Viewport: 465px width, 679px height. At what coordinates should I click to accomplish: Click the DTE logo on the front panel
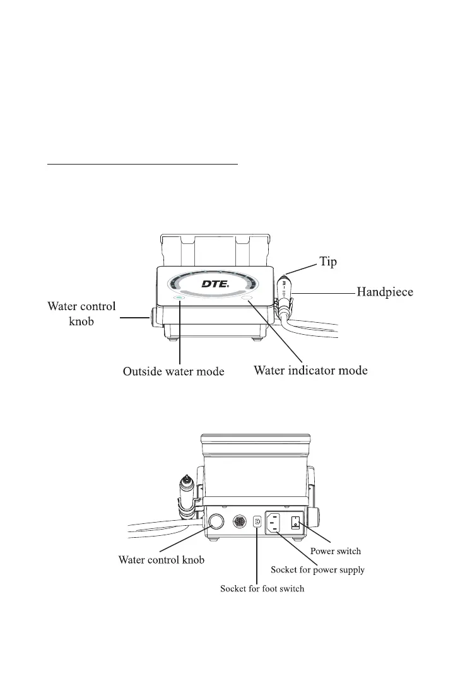pyautogui.click(x=215, y=284)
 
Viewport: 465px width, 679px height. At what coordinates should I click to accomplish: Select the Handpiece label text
pyautogui.click(x=386, y=292)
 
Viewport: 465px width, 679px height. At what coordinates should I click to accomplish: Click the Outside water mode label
pyautogui.click(x=174, y=372)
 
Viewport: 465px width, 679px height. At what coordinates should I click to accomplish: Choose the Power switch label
pyautogui.click(x=335, y=551)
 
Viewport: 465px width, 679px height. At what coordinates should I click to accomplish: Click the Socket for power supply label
pyautogui.click(x=317, y=570)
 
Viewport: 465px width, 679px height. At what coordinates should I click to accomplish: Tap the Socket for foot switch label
pyautogui.click(x=262, y=589)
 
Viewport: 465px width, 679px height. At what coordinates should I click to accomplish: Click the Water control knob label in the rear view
pyautogui.click(x=162, y=560)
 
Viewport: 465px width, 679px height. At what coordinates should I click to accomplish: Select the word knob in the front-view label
pyautogui.click(x=81, y=320)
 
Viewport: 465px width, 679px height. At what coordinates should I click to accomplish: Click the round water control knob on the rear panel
pyautogui.click(x=216, y=521)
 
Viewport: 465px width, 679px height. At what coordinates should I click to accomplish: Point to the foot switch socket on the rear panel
pyautogui.click(x=257, y=522)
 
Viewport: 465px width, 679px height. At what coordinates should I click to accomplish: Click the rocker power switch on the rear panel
pyautogui.click(x=296, y=521)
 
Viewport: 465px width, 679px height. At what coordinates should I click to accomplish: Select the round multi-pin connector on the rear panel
pyautogui.click(x=240, y=522)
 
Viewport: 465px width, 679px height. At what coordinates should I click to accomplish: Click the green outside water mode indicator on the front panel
pyautogui.click(x=180, y=298)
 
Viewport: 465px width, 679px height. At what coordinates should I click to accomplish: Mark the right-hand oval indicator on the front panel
pyautogui.click(x=247, y=298)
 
